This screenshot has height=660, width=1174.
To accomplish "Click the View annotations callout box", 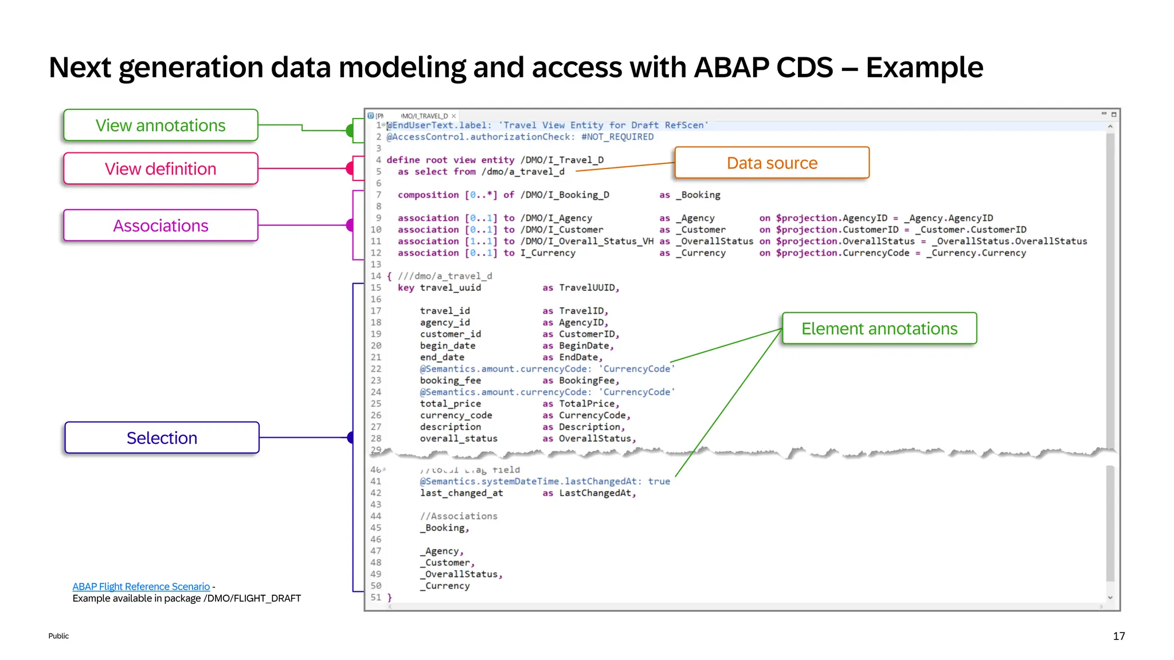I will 161,125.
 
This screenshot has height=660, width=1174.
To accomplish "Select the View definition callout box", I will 161,169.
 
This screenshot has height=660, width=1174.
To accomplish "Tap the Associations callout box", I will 161,226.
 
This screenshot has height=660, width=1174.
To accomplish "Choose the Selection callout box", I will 162,438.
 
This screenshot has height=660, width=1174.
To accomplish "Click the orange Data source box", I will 772,163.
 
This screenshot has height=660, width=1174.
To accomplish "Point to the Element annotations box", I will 879,329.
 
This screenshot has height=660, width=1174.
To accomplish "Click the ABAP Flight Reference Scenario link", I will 141,587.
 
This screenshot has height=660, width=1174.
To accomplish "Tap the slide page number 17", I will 1118,636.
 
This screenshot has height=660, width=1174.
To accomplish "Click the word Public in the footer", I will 58,636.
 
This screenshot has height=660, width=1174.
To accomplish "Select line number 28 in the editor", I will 376,439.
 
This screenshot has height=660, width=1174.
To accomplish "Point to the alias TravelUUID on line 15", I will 588,288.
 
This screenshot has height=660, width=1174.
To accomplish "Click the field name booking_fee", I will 450,381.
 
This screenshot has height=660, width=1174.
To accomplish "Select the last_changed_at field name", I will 461,493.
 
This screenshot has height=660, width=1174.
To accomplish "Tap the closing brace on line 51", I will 390,598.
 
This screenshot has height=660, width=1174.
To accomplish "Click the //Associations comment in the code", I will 459,516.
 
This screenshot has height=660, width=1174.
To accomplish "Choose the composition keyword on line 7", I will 428,195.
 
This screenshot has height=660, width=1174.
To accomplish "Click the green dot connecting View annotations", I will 350,131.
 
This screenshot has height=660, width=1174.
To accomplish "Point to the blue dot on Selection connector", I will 351,438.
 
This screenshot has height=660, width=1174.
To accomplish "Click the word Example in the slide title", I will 924,68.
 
